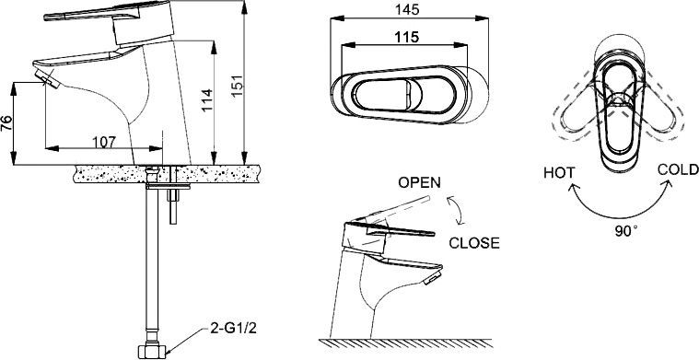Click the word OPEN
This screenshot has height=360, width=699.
pos(419,182)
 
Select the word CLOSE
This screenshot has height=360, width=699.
pos(474,243)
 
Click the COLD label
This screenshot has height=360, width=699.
pos(677,170)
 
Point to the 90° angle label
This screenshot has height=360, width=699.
pos(626,230)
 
